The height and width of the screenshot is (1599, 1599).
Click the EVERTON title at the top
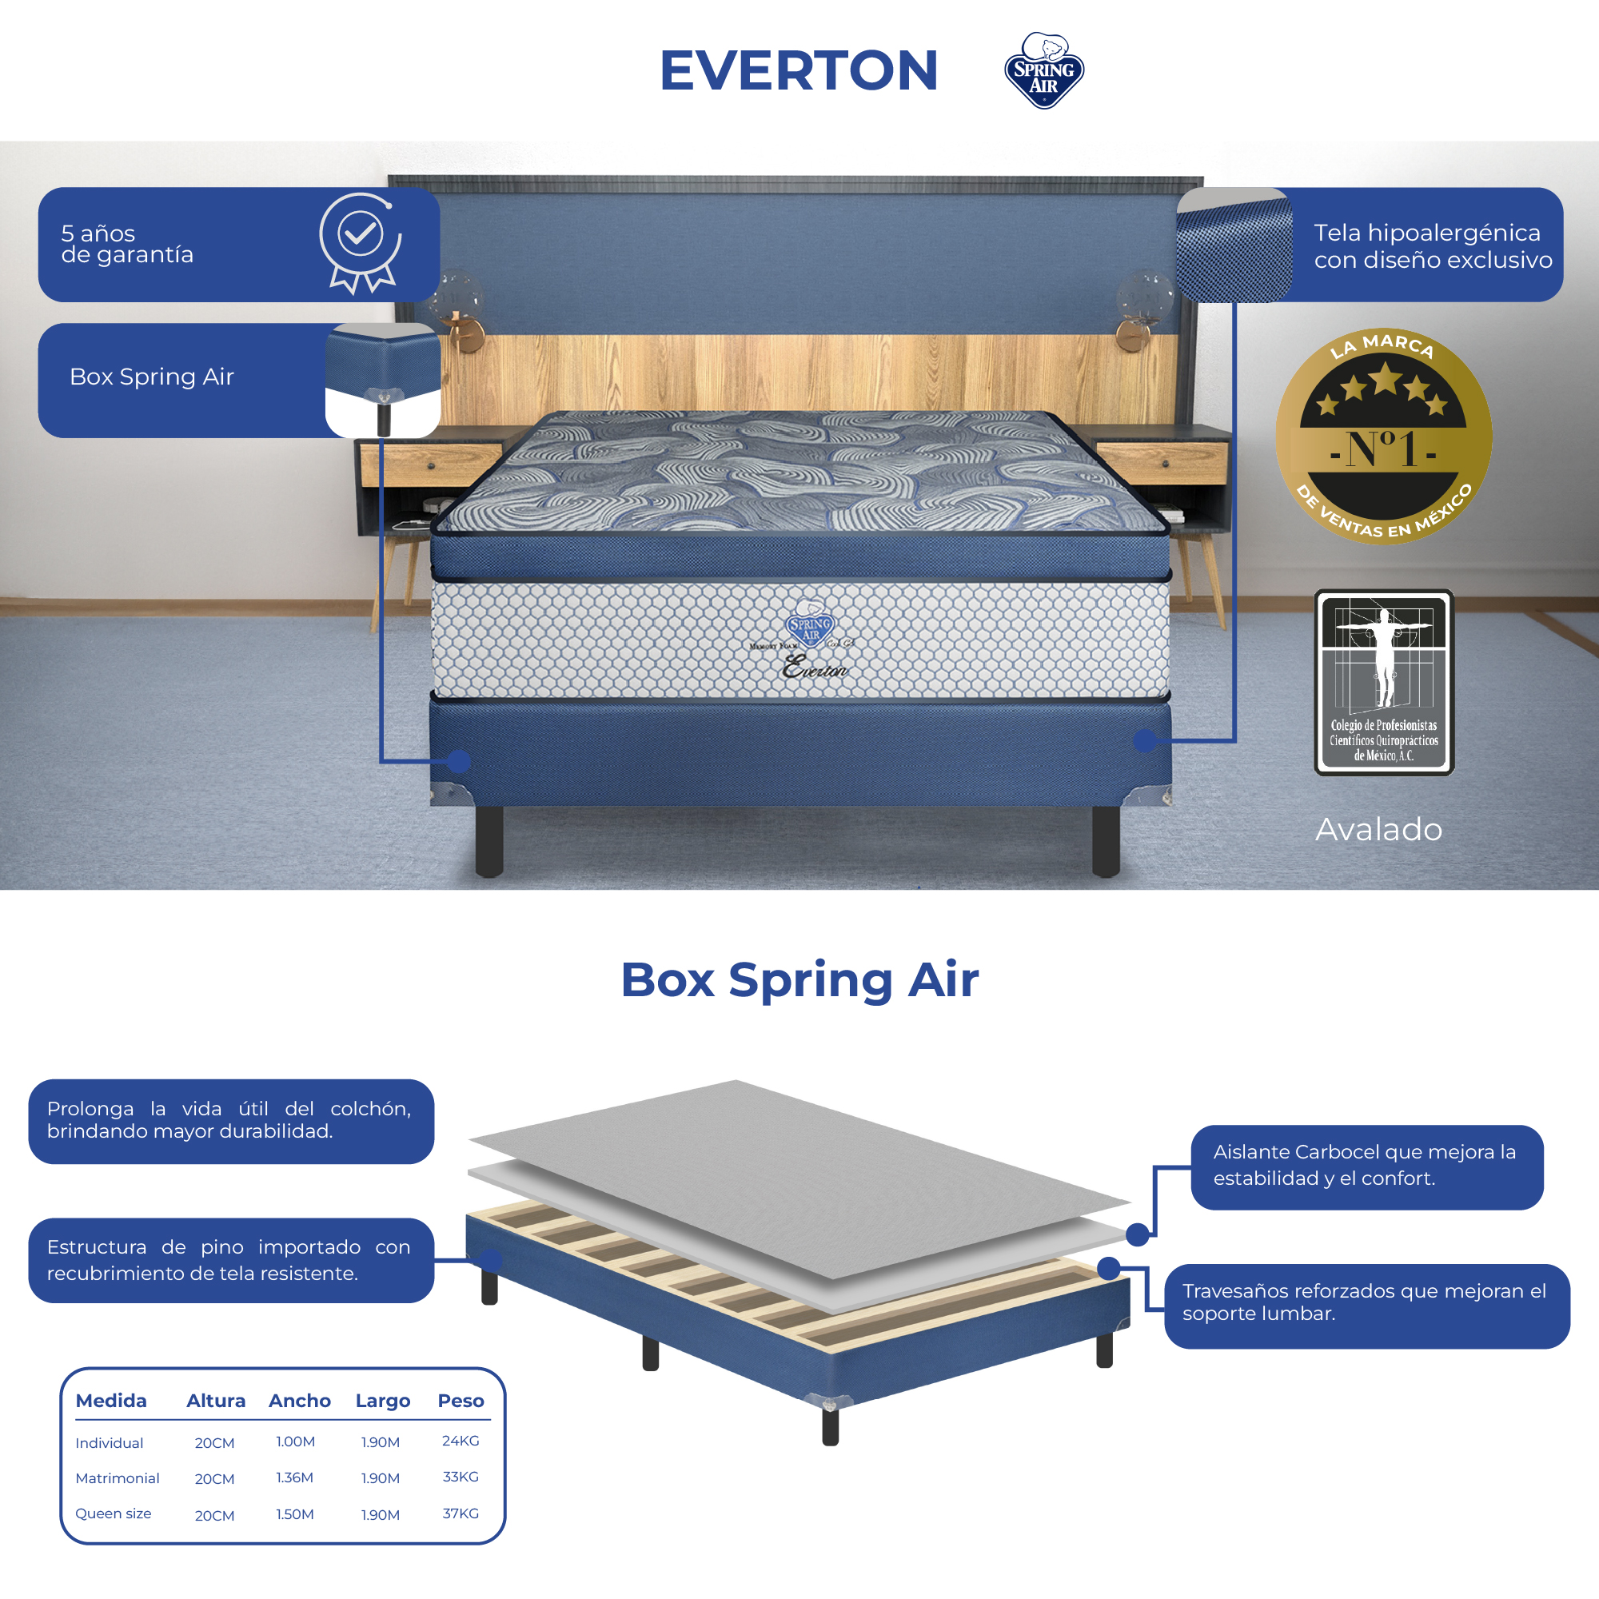point(798,70)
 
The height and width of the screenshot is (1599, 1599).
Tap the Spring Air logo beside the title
point(1043,72)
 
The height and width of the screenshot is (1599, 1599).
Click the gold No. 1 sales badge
point(1383,437)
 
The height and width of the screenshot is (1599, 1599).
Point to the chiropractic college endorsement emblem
point(1383,682)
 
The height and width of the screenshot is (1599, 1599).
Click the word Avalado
point(1378,829)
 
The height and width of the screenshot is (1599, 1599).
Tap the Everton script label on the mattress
point(815,667)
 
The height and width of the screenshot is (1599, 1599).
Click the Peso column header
point(461,1401)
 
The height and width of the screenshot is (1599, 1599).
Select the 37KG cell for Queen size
point(461,1513)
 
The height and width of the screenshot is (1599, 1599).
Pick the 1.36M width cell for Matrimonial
point(295,1477)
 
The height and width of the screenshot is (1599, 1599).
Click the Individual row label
point(110,1442)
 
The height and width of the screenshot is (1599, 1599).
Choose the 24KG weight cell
point(461,1441)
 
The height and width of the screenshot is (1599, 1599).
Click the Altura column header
point(215,1401)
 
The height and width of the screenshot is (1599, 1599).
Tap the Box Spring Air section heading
point(799,980)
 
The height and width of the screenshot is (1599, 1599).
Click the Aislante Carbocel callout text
point(1365,1165)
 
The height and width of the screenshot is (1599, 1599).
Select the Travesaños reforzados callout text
point(1365,1302)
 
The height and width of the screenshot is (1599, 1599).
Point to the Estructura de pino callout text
point(229,1260)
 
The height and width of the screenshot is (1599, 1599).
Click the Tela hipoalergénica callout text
point(1432,245)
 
